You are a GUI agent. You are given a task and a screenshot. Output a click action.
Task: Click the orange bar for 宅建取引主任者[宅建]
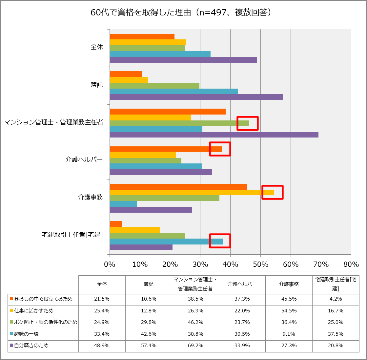[116, 224]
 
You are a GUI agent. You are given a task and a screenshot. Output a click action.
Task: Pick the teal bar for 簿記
[174, 91]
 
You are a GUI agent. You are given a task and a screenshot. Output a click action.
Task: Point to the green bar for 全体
[147, 48]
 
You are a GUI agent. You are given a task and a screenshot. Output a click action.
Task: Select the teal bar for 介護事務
[123, 204]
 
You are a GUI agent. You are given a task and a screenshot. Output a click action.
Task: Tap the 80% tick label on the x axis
[351, 265]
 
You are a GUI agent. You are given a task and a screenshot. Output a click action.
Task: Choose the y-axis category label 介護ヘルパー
[84, 160]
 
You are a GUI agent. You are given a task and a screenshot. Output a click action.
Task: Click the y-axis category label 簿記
[97, 85]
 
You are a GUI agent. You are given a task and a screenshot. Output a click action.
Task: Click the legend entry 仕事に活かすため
[31, 311]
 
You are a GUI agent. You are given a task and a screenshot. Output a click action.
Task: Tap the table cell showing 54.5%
[289, 311]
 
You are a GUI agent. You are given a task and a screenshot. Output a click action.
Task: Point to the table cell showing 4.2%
[336, 299]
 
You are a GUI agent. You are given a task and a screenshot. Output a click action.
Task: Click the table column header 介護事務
[289, 284]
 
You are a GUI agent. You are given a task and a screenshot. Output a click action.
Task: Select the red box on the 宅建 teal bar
[220, 241]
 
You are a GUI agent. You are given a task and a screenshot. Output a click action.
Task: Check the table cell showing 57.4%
[149, 346]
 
